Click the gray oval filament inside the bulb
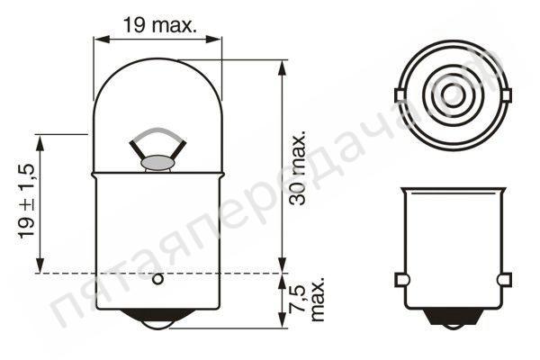coord(157,164)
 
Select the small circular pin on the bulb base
coord(157,279)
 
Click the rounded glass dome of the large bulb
coord(157,99)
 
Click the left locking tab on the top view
coord(400,94)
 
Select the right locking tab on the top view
coord(504,94)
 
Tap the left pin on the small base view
coord(401,280)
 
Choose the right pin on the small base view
coord(504,280)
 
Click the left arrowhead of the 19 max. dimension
coord(99,39)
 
